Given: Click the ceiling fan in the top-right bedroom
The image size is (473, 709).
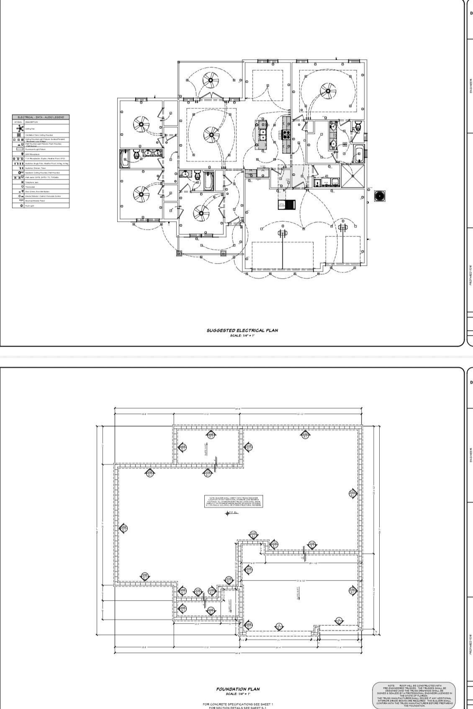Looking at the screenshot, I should coord(328,91).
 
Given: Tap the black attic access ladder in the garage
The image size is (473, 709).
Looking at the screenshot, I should coord(287,205).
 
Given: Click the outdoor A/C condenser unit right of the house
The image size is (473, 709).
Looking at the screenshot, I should coord(380,195).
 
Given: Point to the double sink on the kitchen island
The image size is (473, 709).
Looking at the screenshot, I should coord(263,134).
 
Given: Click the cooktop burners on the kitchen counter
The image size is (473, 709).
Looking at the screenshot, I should coord(287,134).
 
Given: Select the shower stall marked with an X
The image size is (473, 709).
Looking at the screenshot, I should coord(352,176).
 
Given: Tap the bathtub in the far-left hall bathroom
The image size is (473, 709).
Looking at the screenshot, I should coord(125,158).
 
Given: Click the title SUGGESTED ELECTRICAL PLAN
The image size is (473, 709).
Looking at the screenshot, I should coord(242,330).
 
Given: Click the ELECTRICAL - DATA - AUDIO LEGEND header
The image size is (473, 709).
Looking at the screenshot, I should coord(41,117).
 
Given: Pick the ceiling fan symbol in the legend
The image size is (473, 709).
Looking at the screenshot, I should coord(19,128).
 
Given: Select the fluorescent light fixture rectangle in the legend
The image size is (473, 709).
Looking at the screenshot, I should coord(19,149).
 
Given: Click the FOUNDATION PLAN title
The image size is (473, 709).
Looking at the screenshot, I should coord(238,689).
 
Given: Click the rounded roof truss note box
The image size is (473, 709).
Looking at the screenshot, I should coord(414,695).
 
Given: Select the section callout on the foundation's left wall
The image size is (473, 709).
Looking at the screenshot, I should coord(123,528).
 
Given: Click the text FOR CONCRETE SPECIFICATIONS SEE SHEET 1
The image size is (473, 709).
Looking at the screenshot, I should coord(238,704).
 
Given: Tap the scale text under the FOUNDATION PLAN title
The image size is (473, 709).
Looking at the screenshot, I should coord(238,694).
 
